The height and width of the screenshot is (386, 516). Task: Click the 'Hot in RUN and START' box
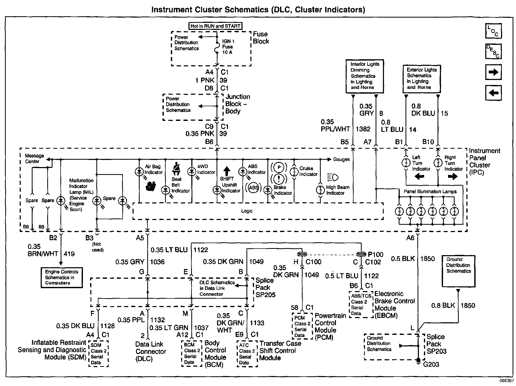215,26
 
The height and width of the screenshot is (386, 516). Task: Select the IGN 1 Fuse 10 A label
228,47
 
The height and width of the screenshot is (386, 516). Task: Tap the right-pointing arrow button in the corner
493,72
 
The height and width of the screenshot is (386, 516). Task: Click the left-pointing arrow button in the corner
493,93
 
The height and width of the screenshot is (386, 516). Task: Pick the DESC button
493,51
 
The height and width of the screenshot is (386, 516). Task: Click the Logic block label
247,211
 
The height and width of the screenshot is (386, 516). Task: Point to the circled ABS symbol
254,188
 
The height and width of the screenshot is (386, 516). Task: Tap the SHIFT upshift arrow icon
227,171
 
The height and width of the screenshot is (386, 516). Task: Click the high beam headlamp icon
333,178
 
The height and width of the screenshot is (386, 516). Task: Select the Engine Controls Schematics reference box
62,277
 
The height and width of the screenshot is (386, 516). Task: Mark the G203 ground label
431,364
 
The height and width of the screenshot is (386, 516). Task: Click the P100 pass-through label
376,255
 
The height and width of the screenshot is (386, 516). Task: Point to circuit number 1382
363,129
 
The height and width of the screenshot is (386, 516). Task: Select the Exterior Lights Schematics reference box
422,79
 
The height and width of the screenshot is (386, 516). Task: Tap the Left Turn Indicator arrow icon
419,177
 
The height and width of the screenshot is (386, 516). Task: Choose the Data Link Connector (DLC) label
151,351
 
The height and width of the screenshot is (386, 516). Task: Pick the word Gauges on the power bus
341,159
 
